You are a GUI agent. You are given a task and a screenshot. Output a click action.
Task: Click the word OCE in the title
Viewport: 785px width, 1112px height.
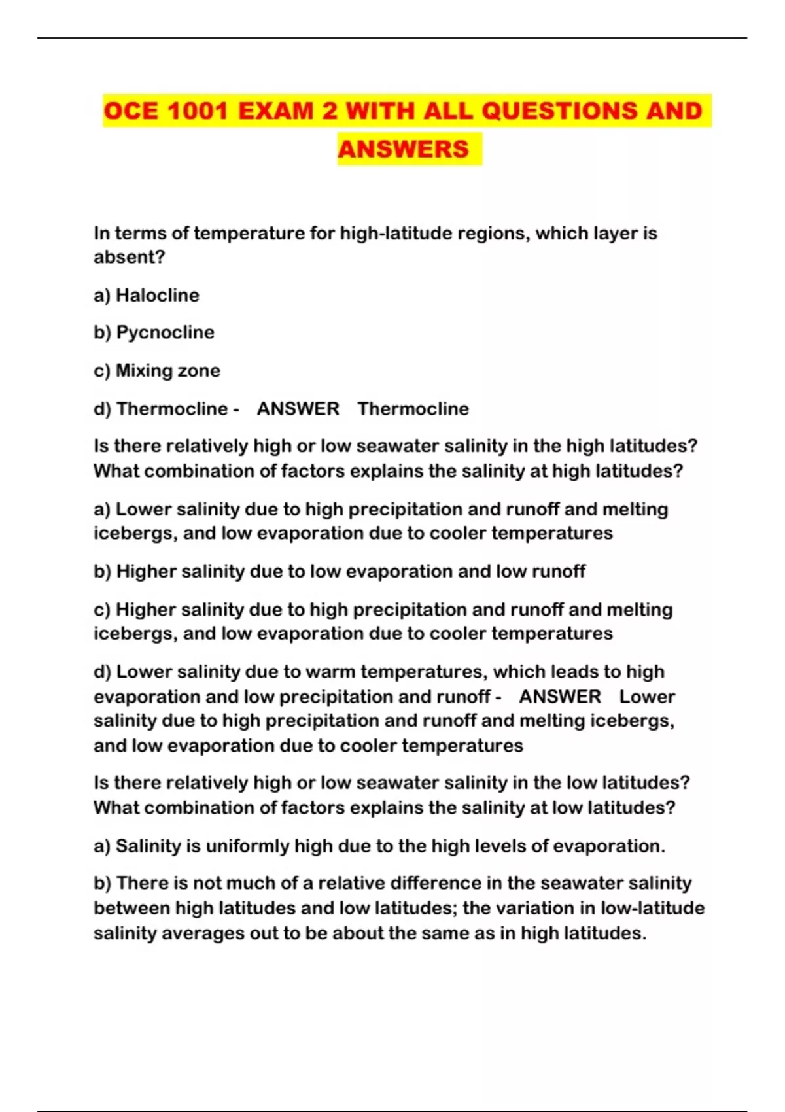(x=131, y=111)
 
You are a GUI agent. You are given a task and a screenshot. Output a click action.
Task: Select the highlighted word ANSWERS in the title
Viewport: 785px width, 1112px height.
(x=404, y=149)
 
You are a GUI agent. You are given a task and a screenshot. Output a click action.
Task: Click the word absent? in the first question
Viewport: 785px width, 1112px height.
(x=129, y=257)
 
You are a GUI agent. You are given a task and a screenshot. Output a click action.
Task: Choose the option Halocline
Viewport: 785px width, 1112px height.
(x=157, y=295)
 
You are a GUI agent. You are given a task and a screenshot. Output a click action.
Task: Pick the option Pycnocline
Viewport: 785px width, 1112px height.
(x=165, y=332)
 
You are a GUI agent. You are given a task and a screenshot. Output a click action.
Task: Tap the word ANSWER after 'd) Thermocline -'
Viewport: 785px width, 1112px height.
(x=298, y=409)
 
